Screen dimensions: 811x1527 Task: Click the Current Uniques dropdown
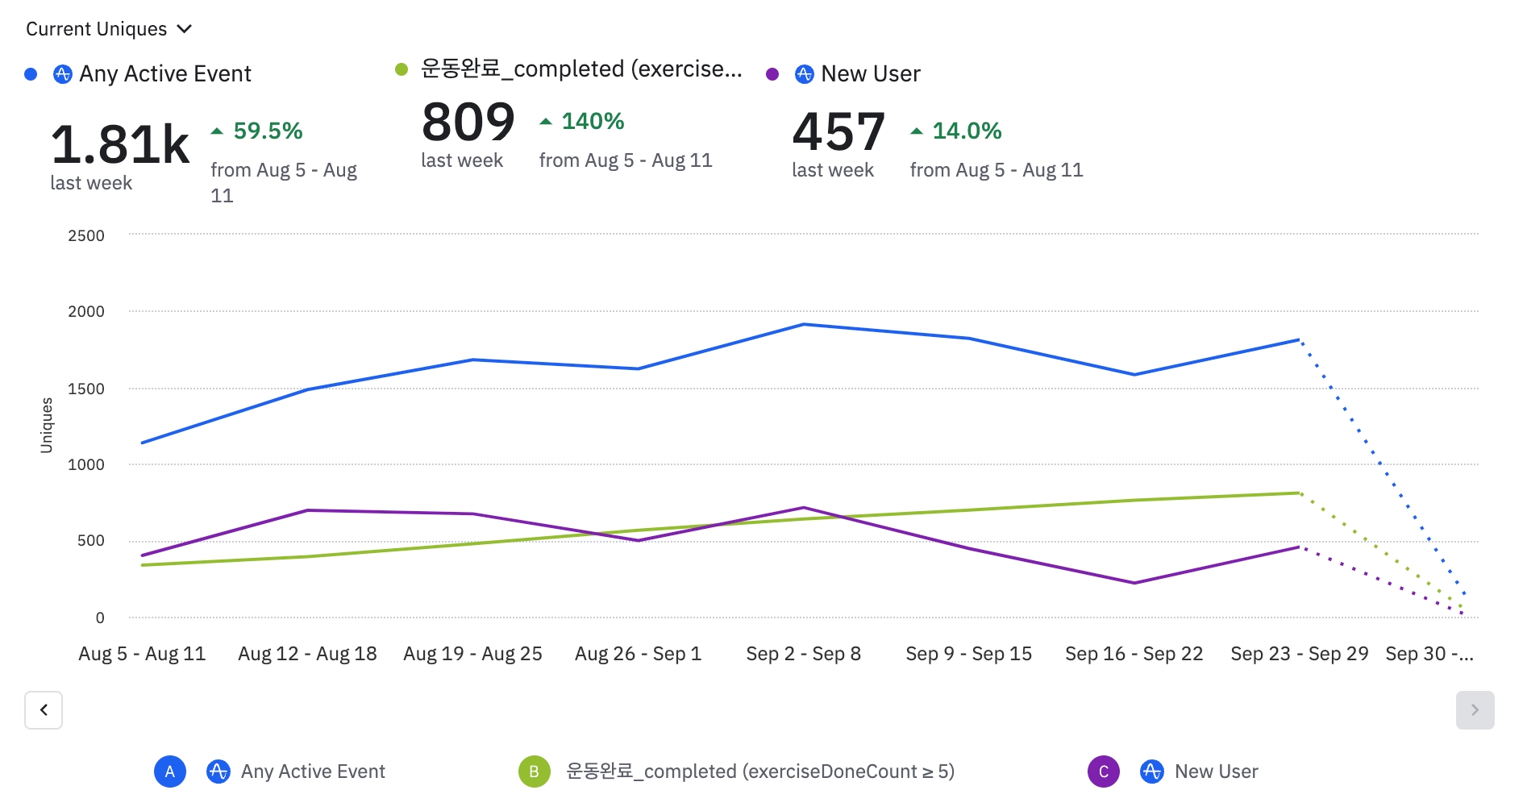point(109,29)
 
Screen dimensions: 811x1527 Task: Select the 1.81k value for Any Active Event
point(120,145)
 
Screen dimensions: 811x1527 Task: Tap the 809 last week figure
point(468,123)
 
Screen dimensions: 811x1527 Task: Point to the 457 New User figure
point(838,132)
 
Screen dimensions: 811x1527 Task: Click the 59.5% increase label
point(267,131)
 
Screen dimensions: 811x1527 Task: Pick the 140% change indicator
point(592,121)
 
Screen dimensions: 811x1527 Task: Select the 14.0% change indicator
point(966,131)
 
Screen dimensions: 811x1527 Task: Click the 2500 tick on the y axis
point(86,236)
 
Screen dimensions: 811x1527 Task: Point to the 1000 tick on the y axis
point(86,464)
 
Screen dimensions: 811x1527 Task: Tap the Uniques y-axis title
point(47,425)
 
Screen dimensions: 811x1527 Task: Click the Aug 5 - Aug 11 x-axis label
point(142,654)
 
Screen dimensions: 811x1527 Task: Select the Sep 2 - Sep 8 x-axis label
point(803,654)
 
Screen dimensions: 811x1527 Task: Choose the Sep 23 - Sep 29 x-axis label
point(1299,654)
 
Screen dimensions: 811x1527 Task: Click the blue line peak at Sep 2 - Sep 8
point(804,325)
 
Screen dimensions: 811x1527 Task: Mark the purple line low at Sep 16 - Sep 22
point(1134,583)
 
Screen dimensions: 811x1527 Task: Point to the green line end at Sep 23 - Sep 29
point(1299,493)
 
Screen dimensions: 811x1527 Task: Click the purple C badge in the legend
point(1103,771)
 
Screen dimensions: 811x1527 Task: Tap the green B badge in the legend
point(534,771)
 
